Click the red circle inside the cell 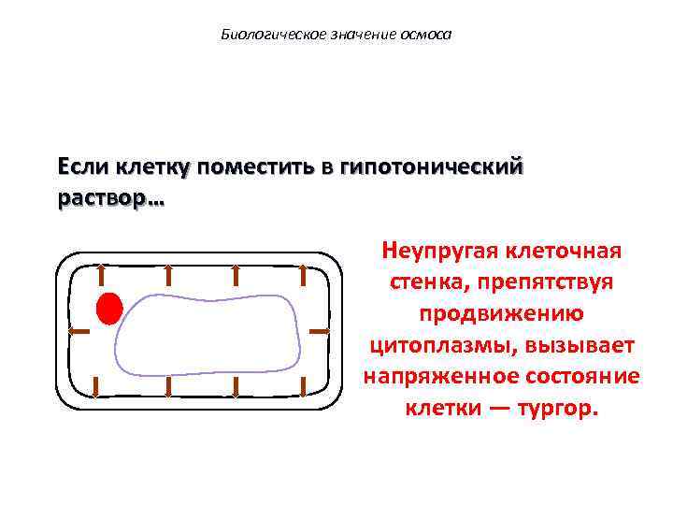coord(109,308)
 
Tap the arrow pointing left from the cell coord(79,331)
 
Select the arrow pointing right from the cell coord(319,331)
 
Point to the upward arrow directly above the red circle coord(100,275)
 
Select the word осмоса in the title coord(426,36)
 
